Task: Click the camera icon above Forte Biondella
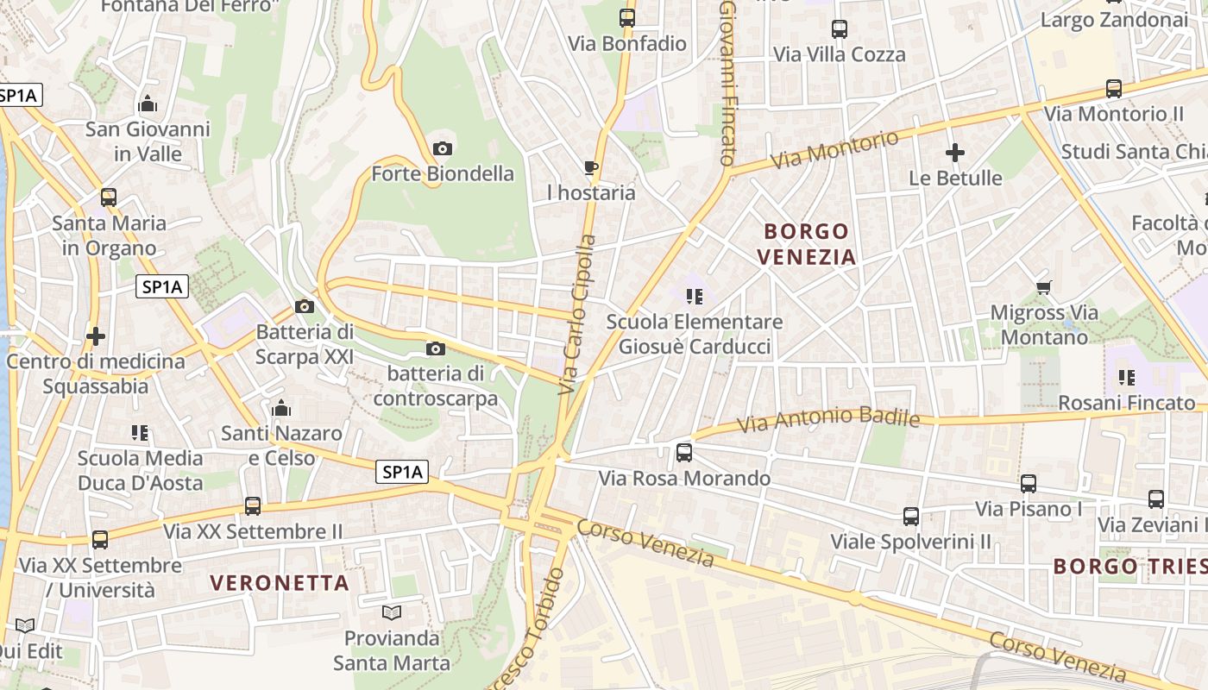pos(442,149)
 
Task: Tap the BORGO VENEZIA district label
pos(807,244)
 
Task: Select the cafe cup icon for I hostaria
pos(591,167)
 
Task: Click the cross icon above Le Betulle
pos(955,154)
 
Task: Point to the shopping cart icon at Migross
pos(1043,287)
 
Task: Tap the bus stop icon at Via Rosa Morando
pos(684,452)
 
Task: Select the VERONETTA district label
pos(280,583)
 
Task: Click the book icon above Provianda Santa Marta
pos(392,613)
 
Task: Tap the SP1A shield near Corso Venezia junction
pos(403,472)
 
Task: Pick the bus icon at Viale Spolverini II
pos(911,517)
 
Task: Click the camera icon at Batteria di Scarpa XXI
pos(304,306)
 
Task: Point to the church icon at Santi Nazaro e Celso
pos(281,408)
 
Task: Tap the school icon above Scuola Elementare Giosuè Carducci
pos(695,297)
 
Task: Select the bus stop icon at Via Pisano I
pos(1029,484)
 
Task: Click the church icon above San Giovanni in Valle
pos(148,104)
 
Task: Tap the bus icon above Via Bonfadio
pos(627,17)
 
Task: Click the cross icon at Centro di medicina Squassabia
pos(96,336)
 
